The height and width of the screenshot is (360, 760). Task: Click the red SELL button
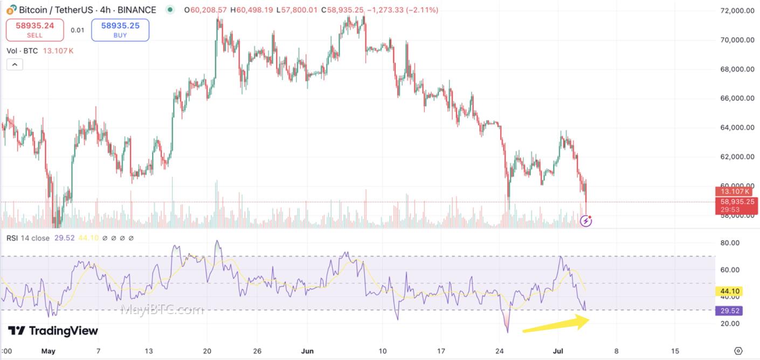34,30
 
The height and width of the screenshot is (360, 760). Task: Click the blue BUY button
120,30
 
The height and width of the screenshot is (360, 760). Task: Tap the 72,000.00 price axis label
737,11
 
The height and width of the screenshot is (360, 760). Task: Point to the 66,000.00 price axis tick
737,99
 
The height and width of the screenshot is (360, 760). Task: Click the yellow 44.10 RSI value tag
729,291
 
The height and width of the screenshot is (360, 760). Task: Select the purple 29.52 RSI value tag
729,311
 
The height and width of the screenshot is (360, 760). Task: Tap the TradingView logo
53,330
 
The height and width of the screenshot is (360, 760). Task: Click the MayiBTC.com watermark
162,309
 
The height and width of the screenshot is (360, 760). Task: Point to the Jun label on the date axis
307,351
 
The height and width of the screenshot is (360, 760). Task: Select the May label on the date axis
48,351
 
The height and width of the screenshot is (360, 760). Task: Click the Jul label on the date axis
558,351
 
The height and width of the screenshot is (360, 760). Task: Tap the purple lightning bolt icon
586,221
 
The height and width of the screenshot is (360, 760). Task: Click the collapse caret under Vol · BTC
15,65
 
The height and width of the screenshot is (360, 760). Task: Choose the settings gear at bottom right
738,351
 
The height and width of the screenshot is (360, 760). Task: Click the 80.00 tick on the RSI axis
730,243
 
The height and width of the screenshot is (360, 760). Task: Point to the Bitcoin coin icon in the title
11,10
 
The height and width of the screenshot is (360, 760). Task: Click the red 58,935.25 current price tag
737,202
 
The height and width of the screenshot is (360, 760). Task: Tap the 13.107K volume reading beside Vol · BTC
58,51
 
